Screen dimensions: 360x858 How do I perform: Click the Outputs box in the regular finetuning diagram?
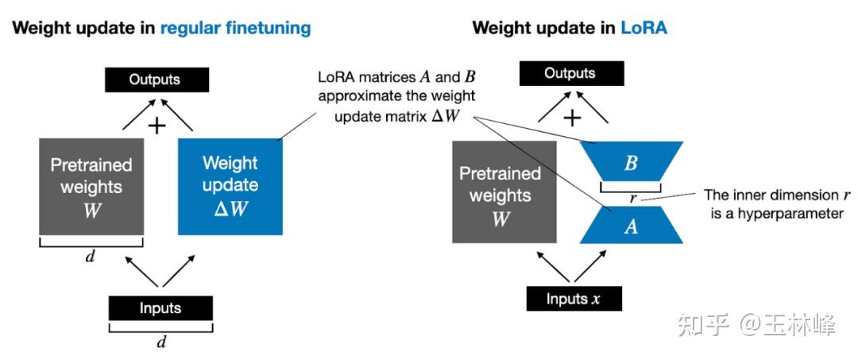(x=157, y=79)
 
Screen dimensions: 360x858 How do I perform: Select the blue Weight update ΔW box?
(x=230, y=186)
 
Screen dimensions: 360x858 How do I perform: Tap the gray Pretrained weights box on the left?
(x=91, y=186)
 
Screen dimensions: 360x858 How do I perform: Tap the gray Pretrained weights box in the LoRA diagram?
(x=500, y=192)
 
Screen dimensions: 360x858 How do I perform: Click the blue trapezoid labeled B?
(x=631, y=163)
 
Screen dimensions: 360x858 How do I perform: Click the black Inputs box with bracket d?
(x=160, y=308)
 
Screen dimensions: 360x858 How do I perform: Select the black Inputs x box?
(x=574, y=299)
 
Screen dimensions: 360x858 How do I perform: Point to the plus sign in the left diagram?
(x=157, y=125)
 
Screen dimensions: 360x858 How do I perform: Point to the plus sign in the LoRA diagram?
(x=572, y=118)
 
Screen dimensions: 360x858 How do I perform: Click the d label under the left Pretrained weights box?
(x=90, y=257)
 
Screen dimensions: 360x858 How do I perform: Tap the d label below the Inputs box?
(x=161, y=343)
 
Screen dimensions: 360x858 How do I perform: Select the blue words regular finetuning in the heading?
(x=235, y=29)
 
